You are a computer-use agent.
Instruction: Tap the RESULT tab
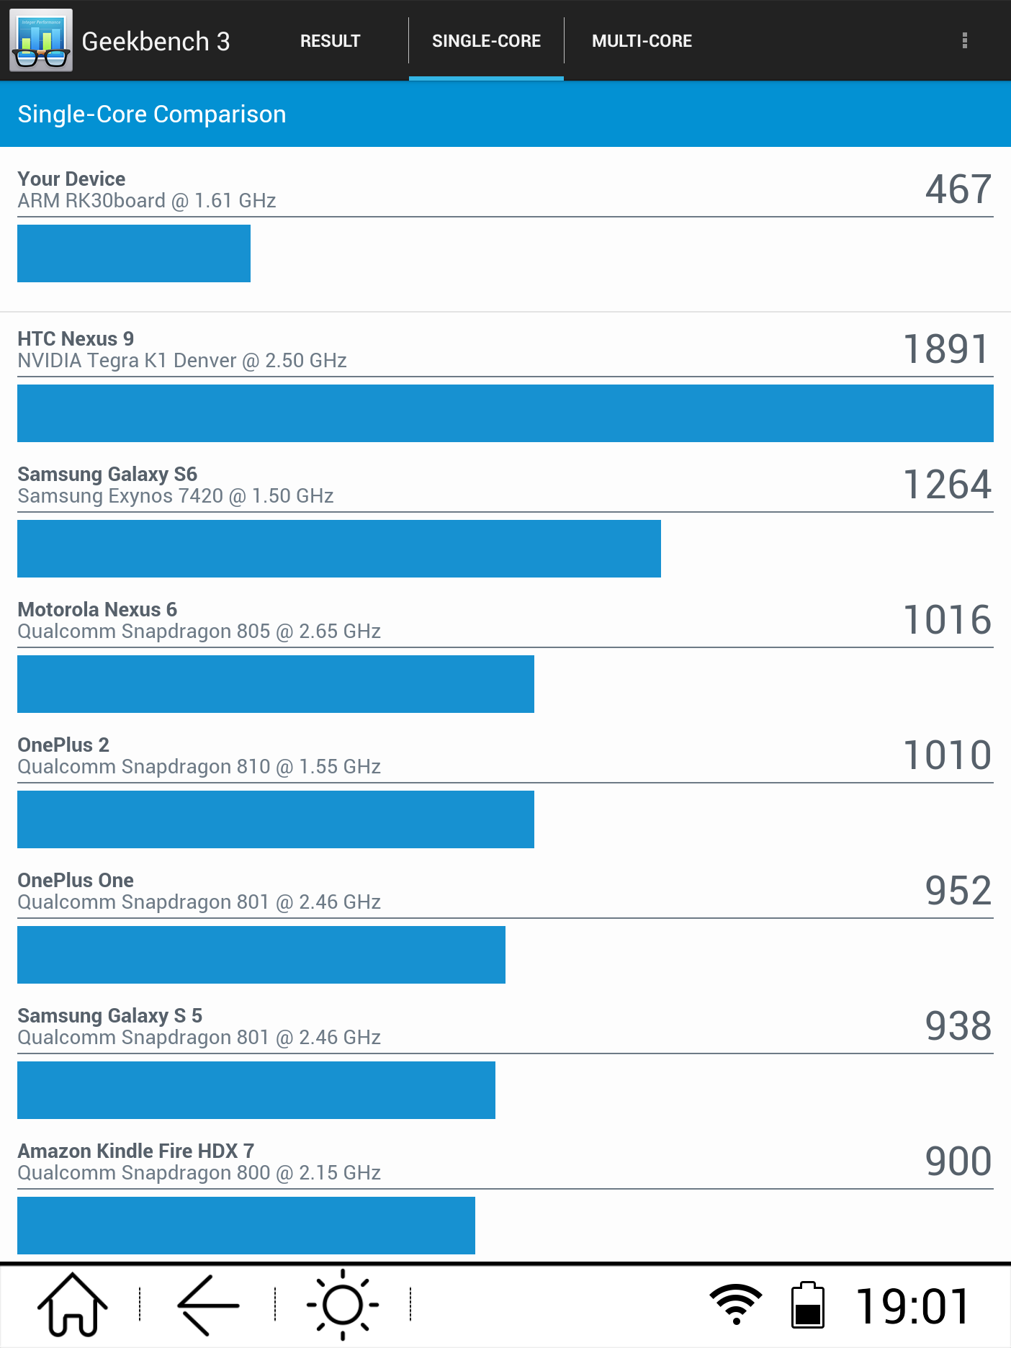click(330, 41)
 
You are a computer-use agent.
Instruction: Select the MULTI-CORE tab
click(642, 41)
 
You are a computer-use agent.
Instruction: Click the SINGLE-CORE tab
click(486, 41)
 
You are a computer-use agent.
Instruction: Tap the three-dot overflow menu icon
click(964, 41)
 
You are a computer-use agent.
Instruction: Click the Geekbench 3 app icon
click(41, 40)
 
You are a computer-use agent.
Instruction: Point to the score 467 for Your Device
click(958, 189)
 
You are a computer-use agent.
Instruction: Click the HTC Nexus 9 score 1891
click(947, 349)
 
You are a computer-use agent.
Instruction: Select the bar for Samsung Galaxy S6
click(338, 549)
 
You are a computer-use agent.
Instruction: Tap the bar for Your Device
click(134, 253)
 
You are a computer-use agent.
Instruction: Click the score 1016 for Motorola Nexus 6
click(947, 620)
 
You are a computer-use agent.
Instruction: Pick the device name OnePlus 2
click(63, 745)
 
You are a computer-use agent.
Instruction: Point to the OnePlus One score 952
click(958, 891)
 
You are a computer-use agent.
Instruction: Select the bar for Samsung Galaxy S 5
click(256, 1090)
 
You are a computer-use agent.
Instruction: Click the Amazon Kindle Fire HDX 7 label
click(135, 1151)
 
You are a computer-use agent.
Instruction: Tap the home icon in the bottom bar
click(72, 1305)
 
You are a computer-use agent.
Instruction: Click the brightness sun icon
click(343, 1305)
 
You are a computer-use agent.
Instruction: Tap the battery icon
click(807, 1305)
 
